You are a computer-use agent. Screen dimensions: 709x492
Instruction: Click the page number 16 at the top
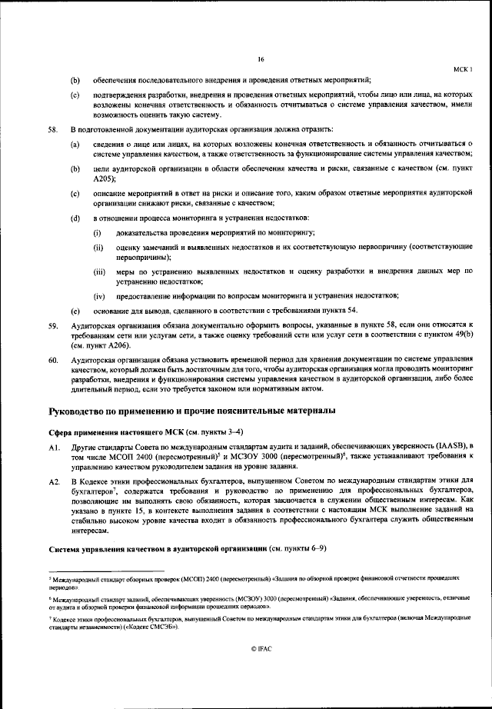(x=261, y=59)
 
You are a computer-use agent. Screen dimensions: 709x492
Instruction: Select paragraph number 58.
(x=53, y=130)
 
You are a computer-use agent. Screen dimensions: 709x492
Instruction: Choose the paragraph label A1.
(x=53, y=446)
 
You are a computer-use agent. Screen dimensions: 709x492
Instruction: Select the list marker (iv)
(x=99, y=296)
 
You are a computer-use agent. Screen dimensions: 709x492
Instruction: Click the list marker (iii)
(x=99, y=273)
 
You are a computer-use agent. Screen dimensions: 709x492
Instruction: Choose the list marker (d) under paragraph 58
(x=75, y=218)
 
